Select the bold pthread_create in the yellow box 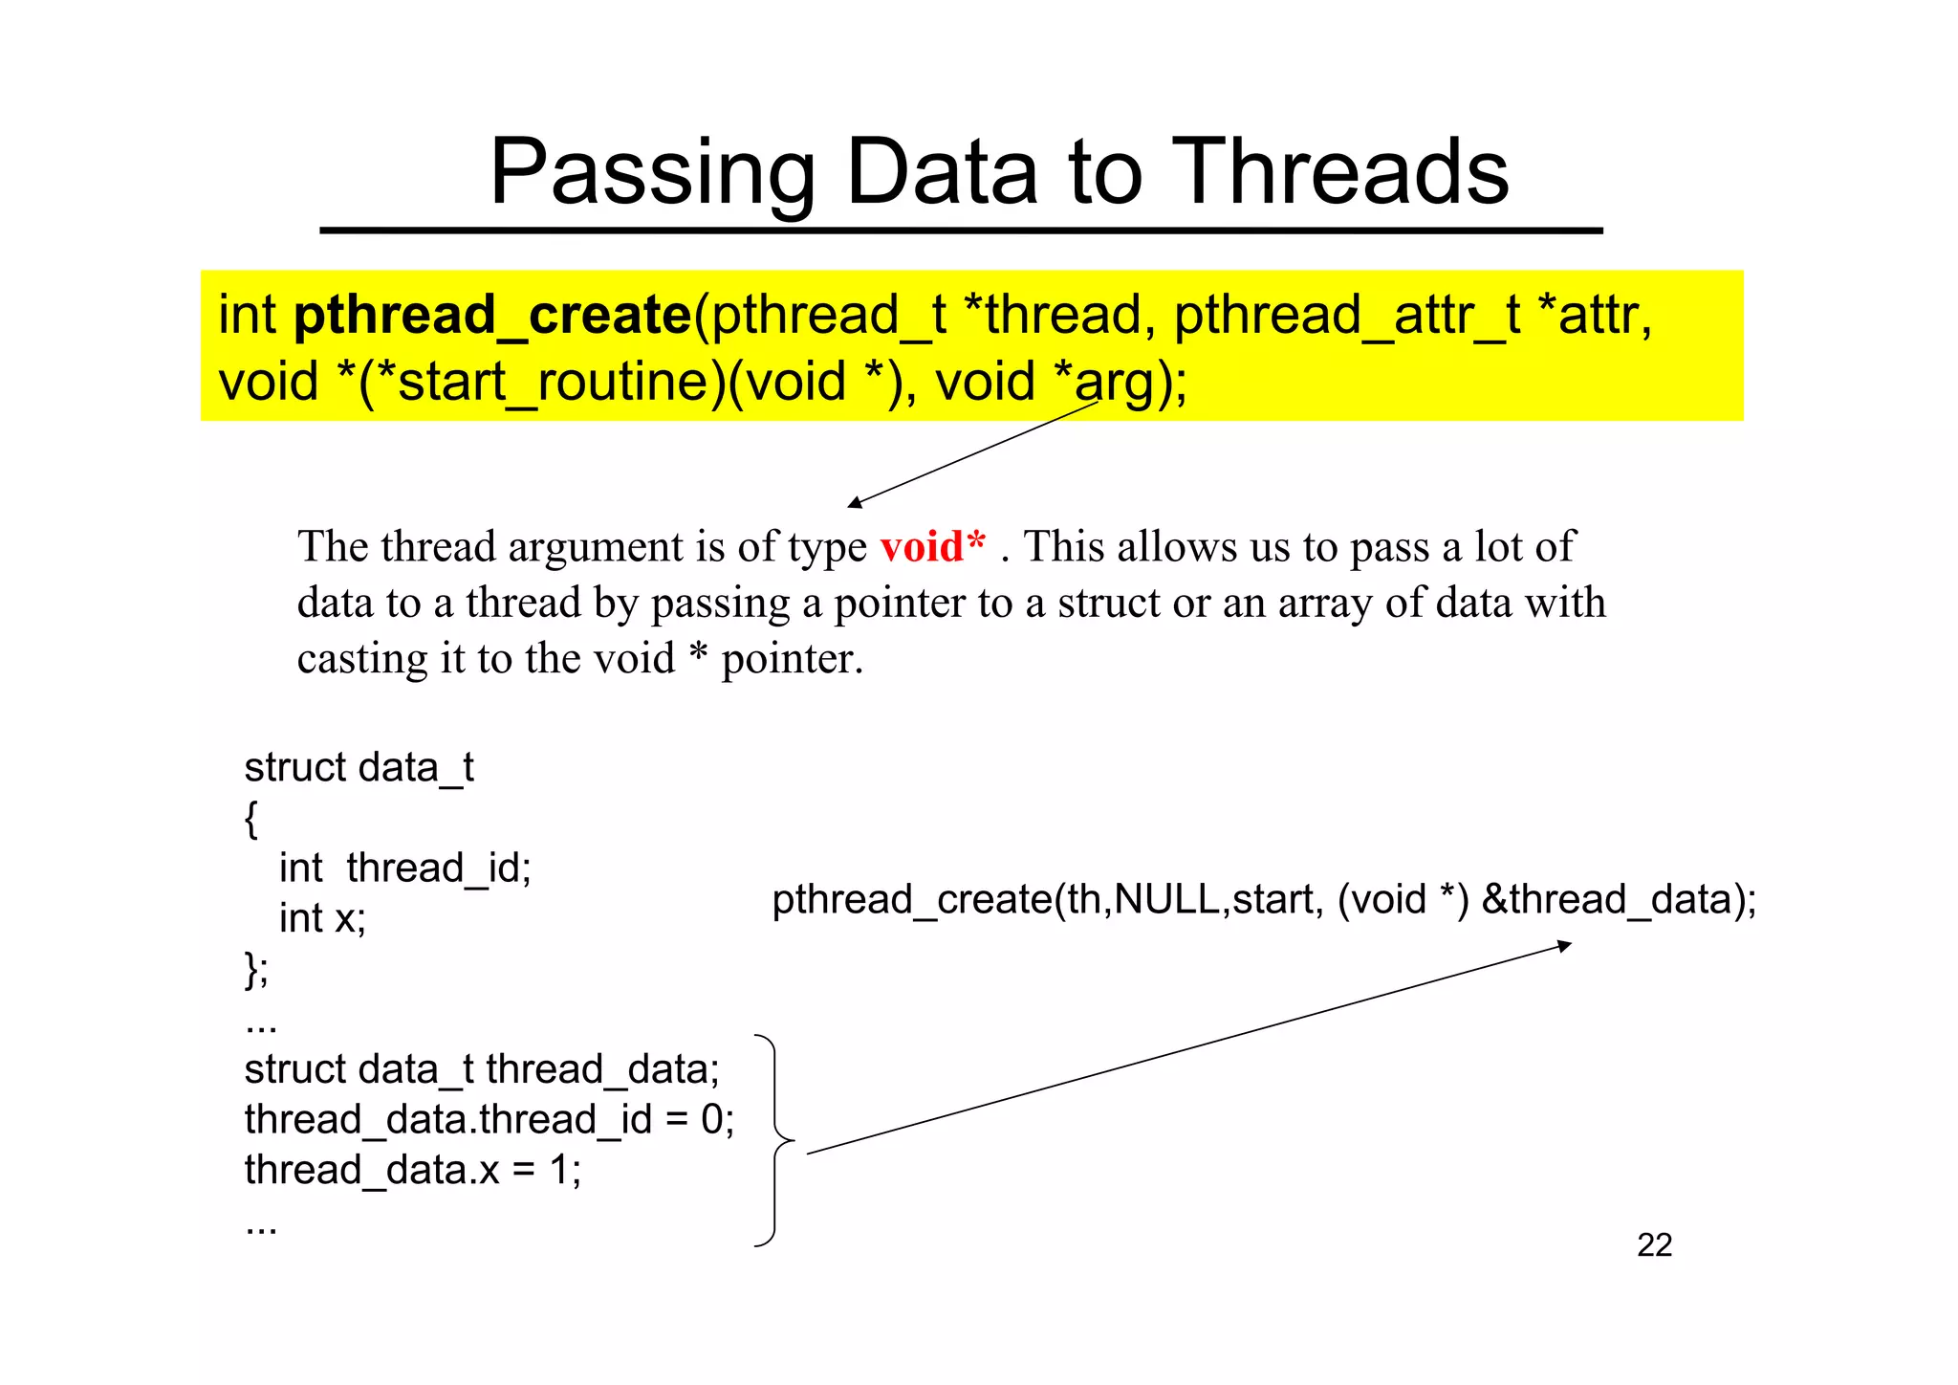(492, 316)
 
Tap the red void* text (932, 547)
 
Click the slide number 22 (1654, 1245)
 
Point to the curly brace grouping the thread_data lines (775, 1140)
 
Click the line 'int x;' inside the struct (322, 918)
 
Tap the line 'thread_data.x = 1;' (412, 1170)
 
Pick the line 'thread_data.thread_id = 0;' (489, 1119)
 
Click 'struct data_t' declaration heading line (359, 768)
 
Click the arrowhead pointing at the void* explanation (854, 503)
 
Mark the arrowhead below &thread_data (1565, 946)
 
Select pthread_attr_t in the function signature (1346, 316)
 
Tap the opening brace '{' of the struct (251, 819)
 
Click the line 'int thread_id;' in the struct (404, 868)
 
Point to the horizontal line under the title (961, 231)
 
